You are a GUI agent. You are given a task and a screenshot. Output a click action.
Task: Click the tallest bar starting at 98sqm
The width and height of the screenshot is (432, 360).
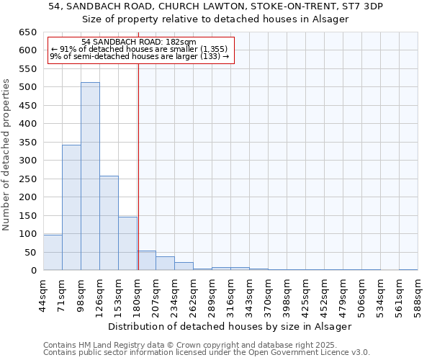click(x=90, y=176)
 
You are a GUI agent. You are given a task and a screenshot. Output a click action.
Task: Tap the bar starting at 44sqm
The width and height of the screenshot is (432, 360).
click(x=53, y=253)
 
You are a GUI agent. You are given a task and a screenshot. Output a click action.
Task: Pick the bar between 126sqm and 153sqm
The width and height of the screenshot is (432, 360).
click(x=109, y=223)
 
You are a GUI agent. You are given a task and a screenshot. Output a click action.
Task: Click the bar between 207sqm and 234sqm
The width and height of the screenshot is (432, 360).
click(x=165, y=264)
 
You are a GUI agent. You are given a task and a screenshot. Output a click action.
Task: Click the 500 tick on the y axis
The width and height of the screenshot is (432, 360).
click(x=27, y=87)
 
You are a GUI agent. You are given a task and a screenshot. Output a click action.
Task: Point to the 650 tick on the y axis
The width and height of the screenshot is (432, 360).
click(x=27, y=32)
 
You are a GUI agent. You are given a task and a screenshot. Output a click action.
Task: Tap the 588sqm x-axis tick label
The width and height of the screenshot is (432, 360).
click(x=418, y=294)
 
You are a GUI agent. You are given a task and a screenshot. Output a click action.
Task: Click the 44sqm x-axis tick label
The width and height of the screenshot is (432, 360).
click(x=43, y=294)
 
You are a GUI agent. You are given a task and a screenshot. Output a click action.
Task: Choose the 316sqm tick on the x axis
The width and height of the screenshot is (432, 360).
click(x=231, y=294)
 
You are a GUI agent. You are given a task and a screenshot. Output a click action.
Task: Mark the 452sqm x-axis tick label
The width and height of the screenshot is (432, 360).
click(x=325, y=294)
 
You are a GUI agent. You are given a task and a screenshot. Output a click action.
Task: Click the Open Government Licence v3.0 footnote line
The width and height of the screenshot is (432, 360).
click(x=207, y=352)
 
